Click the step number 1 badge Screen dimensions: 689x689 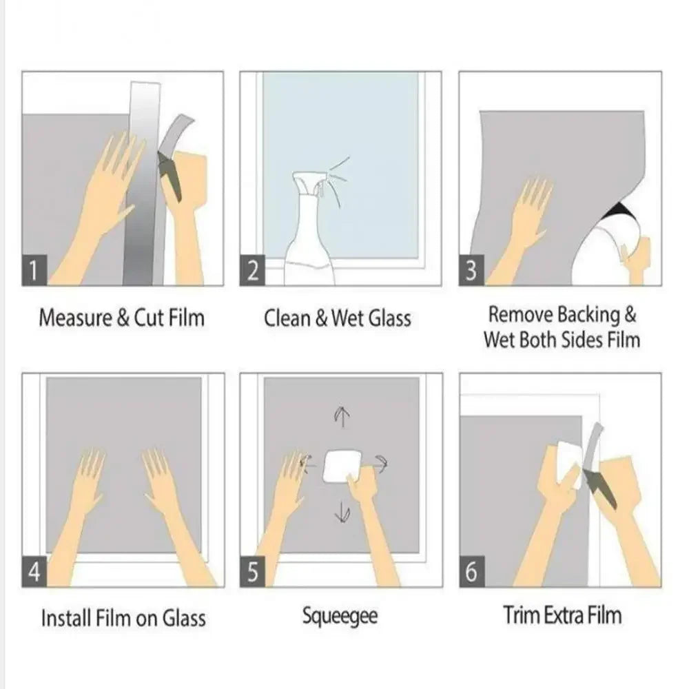(x=34, y=271)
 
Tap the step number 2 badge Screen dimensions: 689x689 (x=253, y=271)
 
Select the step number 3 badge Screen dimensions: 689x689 (x=471, y=271)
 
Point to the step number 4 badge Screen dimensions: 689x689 (x=34, y=573)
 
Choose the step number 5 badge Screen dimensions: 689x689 (x=253, y=573)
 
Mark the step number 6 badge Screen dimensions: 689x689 (x=471, y=573)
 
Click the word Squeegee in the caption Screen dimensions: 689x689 (x=340, y=616)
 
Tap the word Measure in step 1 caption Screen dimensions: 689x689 (x=74, y=318)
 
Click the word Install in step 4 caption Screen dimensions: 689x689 (x=65, y=617)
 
